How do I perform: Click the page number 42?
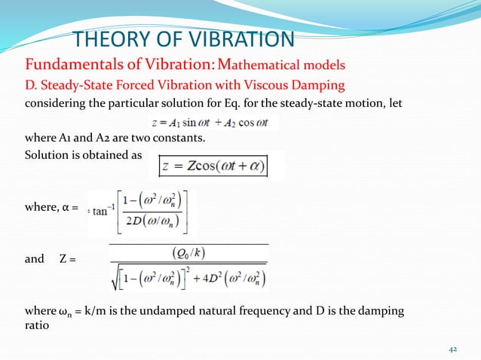pyautogui.click(x=453, y=348)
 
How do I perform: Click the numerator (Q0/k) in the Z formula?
pyautogui.click(x=188, y=254)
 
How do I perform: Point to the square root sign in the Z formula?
pyautogui.click(x=115, y=279)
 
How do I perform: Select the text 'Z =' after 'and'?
pyautogui.click(x=66, y=260)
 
